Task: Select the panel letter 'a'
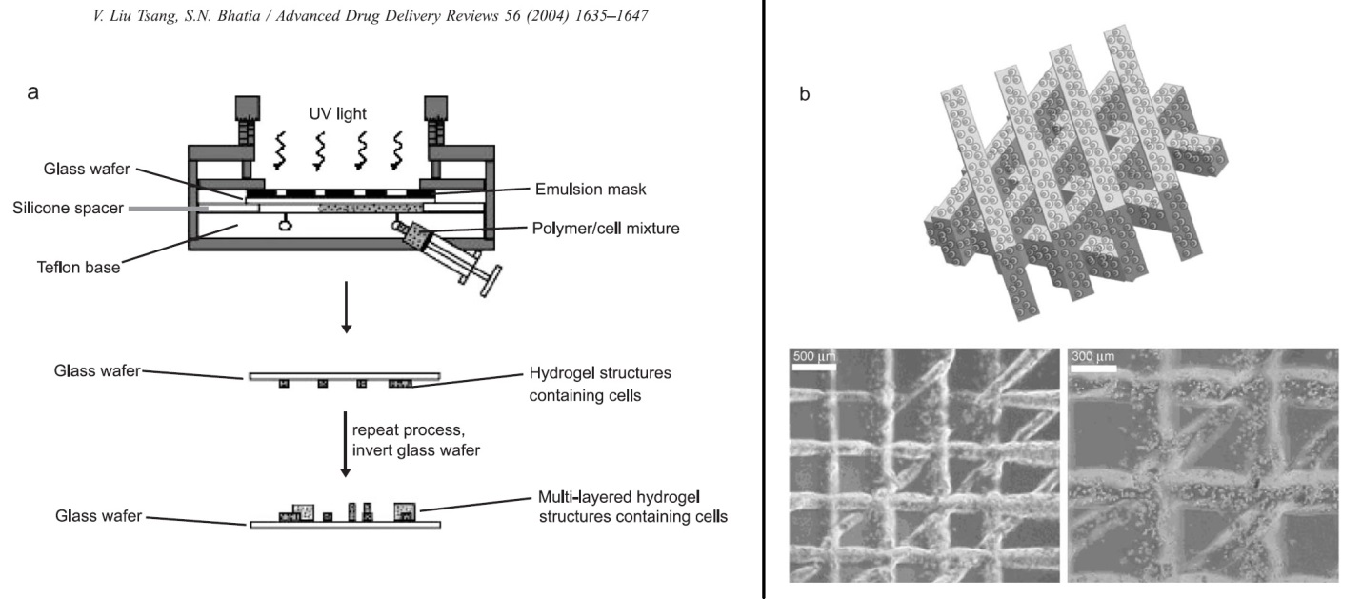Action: pyautogui.click(x=33, y=92)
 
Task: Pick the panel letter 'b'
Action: pyautogui.click(x=805, y=94)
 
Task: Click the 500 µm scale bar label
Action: pyautogui.click(x=812, y=357)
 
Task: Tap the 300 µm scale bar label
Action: pyautogui.click(x=1092, y=357)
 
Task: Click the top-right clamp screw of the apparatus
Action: pyautogui.click(x=437, y=117)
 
